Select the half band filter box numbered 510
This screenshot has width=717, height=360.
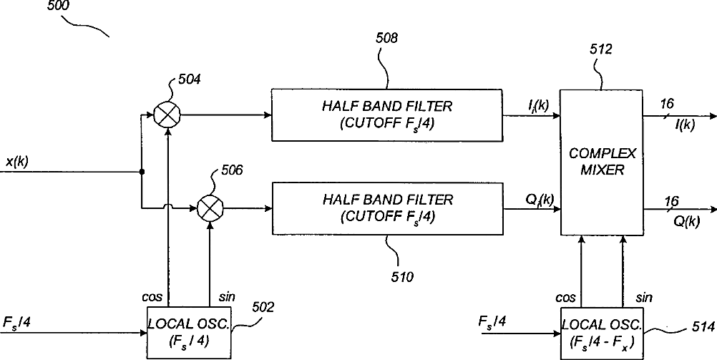click(386, 208)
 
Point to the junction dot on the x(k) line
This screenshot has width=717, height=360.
click(142, 172)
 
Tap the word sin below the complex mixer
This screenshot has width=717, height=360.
click(643, 296)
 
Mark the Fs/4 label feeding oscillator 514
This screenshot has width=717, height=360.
click(492, 323)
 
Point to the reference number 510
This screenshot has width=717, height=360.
click(401, 274)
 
